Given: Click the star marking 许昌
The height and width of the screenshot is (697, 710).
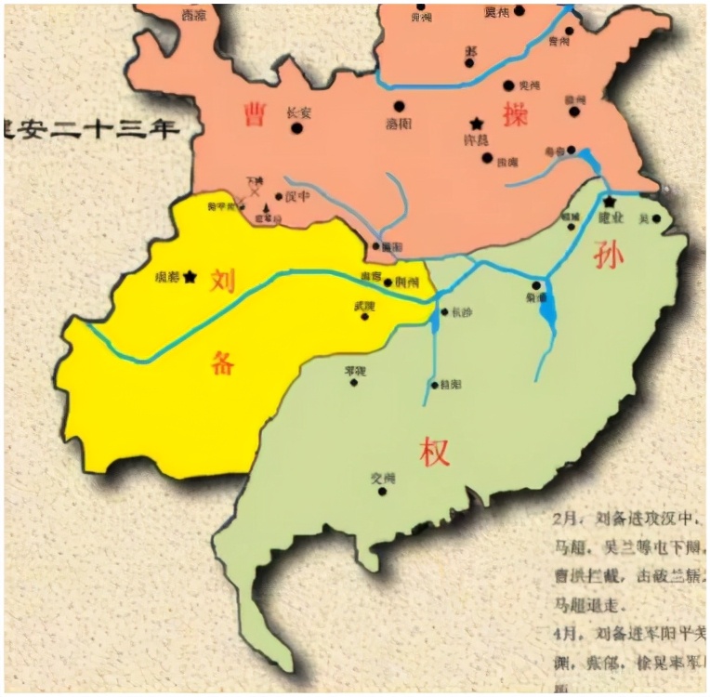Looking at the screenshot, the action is [x=477, y=124].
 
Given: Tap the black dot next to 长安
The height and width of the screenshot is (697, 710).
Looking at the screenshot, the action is [x=297, y=127].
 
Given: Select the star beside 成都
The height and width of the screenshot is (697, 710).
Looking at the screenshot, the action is [x=191, y=276].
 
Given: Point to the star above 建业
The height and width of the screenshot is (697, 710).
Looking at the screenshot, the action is [x=610, y=201].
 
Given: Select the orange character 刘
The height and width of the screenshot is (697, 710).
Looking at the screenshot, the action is [x=221, y=280].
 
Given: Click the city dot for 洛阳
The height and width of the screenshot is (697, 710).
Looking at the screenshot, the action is [x=400, y=106].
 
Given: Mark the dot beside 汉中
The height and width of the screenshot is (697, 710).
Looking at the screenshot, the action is [x=278, y=196].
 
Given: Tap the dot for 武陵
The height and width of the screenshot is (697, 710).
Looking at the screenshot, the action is [x=364, y=316].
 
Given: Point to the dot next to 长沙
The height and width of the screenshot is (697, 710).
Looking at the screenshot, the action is [x=444, y=312].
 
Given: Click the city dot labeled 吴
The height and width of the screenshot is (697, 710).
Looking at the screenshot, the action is [x=657, y=219].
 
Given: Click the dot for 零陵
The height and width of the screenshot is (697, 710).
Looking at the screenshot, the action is [x=354, y=381].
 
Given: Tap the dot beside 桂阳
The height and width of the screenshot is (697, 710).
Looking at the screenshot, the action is [x=434, y=384].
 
